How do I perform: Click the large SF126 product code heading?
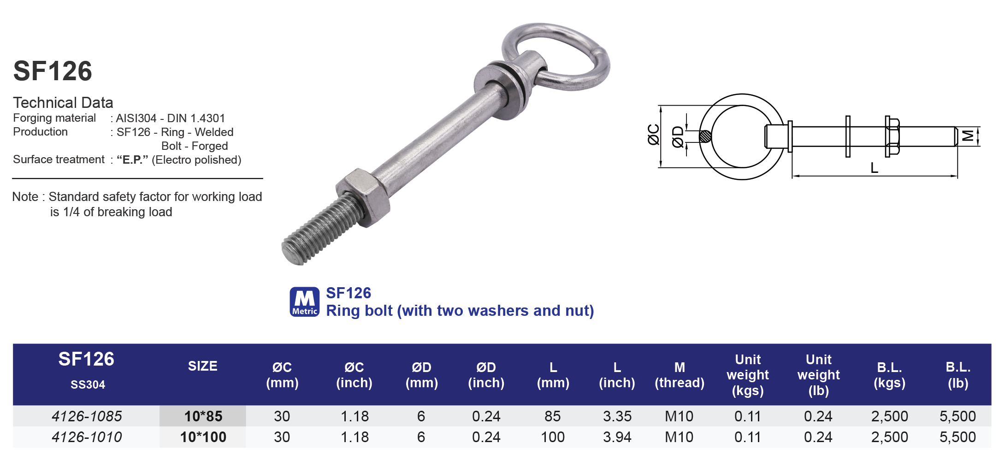53,71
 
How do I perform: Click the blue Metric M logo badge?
304,302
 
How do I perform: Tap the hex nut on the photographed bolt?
363,197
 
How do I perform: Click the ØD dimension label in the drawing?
677,137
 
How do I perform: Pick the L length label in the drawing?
874,168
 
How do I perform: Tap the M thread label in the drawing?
968,136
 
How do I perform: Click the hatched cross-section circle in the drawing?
705,136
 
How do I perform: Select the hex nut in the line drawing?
892,136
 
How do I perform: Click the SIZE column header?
202,366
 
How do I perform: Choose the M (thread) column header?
679,375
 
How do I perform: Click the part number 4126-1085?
87,416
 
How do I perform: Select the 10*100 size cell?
203,437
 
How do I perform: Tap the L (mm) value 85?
552,416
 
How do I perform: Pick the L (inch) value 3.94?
617,437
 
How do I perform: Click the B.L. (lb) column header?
958,375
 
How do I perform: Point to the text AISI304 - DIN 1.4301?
170,118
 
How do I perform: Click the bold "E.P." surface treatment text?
132,160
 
